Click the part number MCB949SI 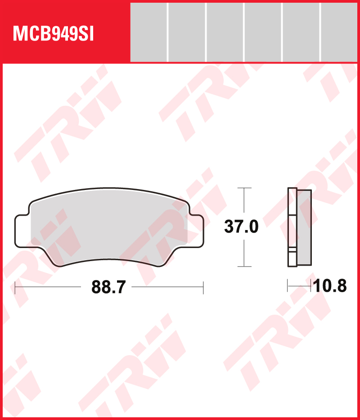53,34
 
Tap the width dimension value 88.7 108,286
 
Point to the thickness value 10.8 330,285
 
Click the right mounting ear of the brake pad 196,230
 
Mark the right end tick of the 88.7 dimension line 203,286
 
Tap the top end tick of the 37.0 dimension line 244,188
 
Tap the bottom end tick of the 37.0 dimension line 244,266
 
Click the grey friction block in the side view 304,227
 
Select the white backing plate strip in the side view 292,227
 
